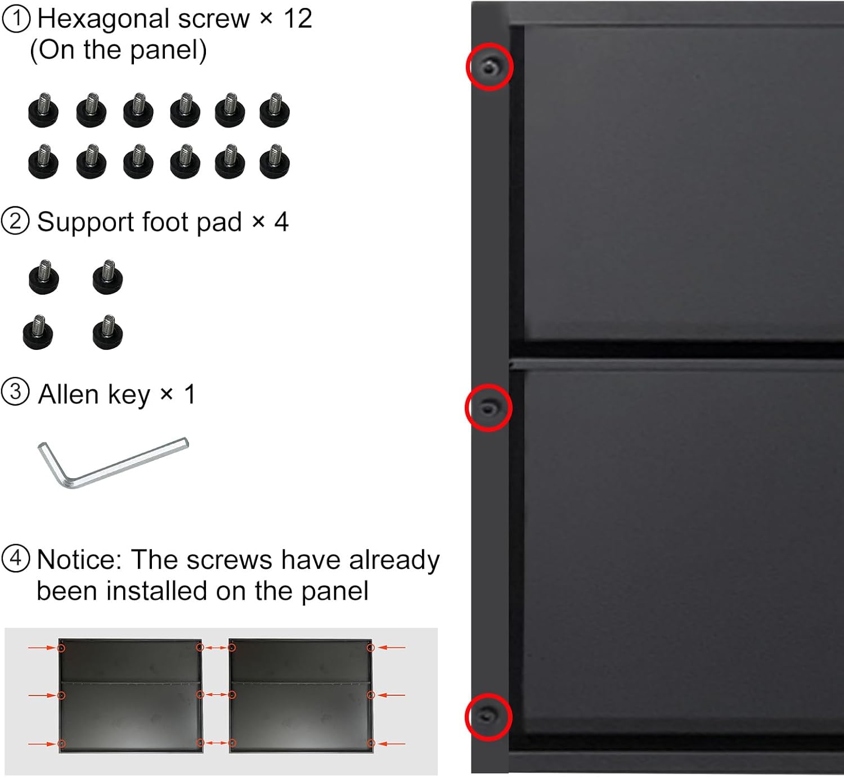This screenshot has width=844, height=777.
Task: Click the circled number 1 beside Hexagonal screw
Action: [x=16, y=19]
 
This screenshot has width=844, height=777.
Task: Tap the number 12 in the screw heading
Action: [x=298, y=19]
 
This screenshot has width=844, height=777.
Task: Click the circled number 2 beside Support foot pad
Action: [x=16, y=221]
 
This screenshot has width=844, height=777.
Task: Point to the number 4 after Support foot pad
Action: [x=281, y=222]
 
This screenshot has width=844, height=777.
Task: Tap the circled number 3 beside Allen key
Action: [x=16, y=392]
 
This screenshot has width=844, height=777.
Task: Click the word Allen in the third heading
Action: [x=69, y=394]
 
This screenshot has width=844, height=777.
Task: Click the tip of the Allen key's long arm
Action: [x=186, y=442]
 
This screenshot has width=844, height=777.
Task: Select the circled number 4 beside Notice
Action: [x=16, y=559]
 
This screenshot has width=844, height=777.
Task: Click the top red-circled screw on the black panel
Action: [x=490, y=66]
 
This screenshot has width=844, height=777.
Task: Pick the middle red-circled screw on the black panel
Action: [x=488, y=407]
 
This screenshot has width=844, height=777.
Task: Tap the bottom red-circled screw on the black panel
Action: [x=488, y=717]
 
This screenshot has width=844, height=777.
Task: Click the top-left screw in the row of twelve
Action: [x=44, y=110]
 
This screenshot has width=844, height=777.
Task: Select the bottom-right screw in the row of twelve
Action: [x=275, y=161]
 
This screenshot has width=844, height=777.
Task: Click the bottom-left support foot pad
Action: [x=38, y=332]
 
